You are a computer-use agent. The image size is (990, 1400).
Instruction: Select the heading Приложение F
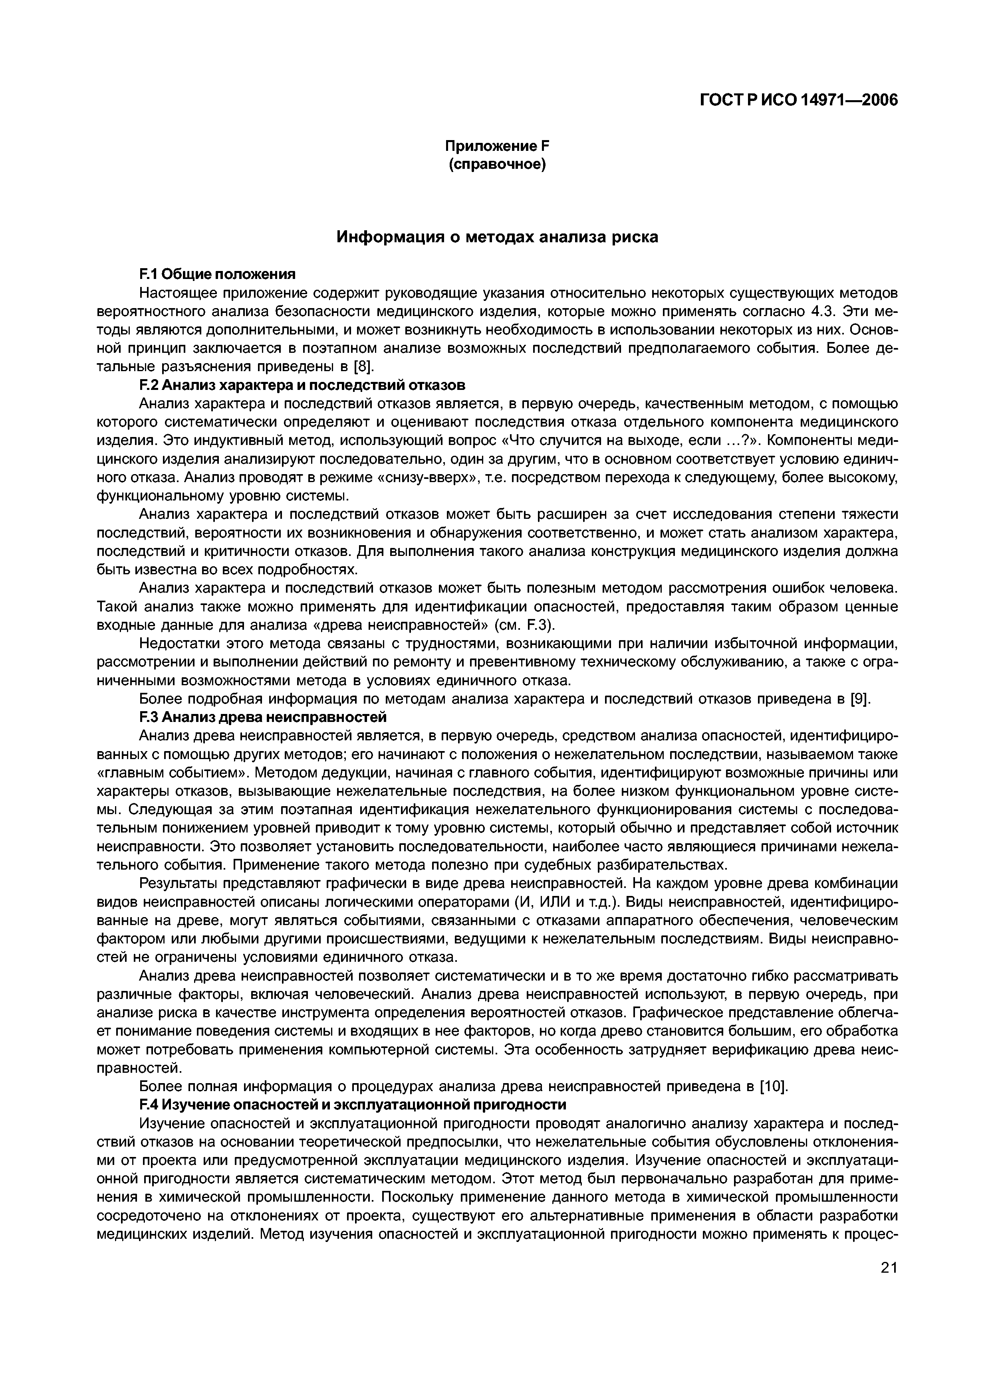[x=497, y=146]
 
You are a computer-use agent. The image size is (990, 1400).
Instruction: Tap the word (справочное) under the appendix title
[x=497, y=165]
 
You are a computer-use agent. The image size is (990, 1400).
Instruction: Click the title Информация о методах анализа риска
[x=497, y=237]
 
